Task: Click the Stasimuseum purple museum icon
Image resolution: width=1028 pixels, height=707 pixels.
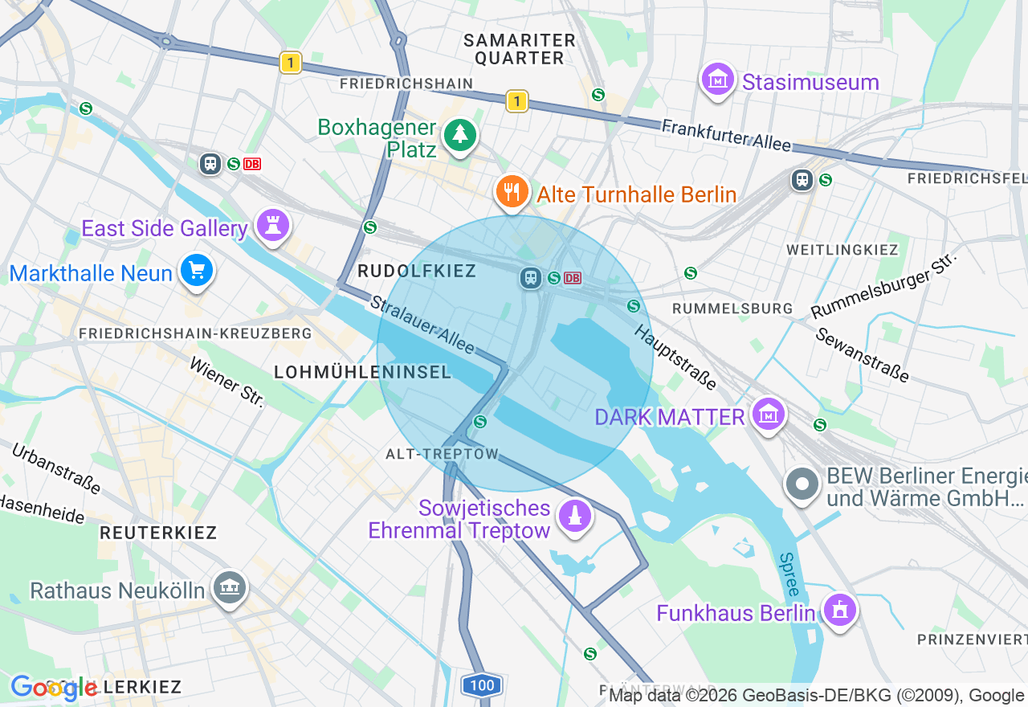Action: point(718,80)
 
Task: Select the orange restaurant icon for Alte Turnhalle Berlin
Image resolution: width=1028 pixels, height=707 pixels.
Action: point(512,191)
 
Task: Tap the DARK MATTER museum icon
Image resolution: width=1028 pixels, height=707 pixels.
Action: point(769,415)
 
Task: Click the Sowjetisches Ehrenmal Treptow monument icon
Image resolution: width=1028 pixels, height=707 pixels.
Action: point(575,516)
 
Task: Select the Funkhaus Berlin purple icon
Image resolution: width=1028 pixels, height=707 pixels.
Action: point(840,611)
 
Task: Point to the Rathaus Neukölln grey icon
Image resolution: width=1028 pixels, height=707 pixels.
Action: point(230,588)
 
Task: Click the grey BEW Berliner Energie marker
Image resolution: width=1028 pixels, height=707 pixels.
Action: point(802,484)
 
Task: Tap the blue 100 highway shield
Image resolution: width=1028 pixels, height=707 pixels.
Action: point(482,685)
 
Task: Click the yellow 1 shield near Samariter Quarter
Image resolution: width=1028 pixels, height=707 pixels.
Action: point(517,101)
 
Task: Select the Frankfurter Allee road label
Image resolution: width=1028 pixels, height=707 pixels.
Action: point(726,135)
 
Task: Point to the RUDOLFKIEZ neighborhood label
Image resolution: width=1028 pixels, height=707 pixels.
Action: point(417,272)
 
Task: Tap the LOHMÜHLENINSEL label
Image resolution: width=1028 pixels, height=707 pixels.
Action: point(363,372)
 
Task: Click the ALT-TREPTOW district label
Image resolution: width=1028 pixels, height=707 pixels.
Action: point(443,454)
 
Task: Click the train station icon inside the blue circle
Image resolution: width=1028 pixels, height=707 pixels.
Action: point(530,278)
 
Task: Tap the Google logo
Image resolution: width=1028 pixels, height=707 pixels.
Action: point(54,688)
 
